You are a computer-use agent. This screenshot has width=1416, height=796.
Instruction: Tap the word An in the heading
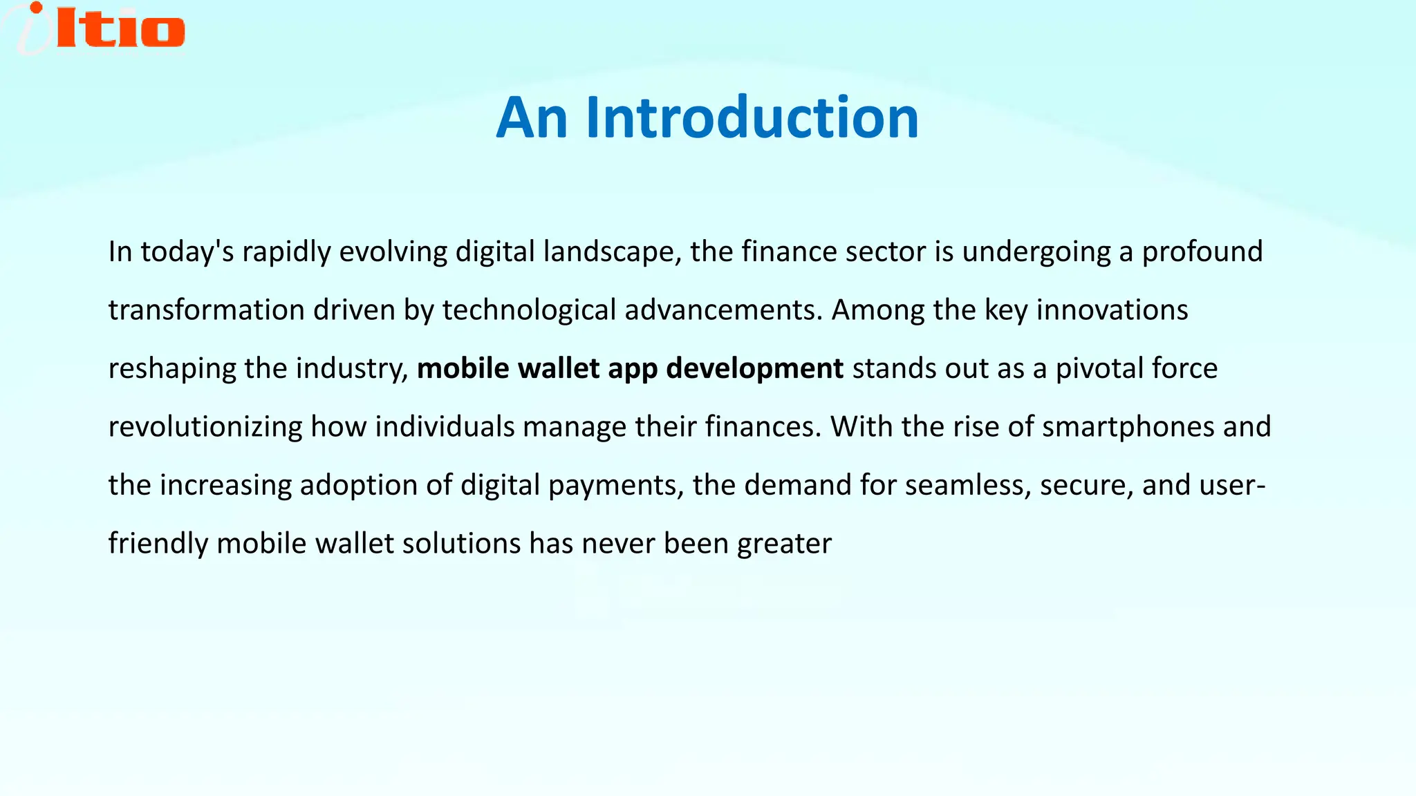click(532, 117)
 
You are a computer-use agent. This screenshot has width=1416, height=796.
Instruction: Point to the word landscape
click(608, 252)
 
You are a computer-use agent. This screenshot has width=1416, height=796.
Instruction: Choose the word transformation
click(207, 310)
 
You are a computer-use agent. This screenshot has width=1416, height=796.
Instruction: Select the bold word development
click(754, 369)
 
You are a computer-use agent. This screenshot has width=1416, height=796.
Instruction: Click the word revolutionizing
click(205, 427)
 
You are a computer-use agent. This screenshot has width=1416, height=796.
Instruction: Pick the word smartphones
click(1128, 427)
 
